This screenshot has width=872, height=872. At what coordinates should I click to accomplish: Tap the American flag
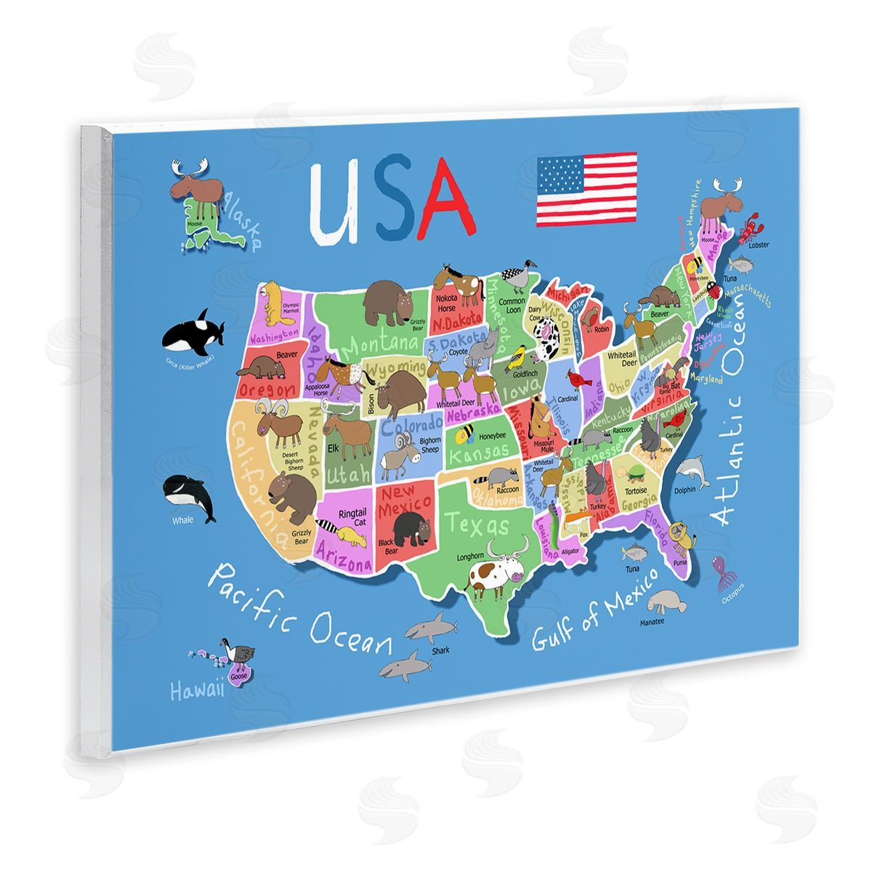586,188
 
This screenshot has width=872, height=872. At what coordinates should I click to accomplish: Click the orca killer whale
192,333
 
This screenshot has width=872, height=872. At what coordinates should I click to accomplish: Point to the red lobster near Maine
748,227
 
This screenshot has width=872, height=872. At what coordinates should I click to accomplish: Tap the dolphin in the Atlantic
692,470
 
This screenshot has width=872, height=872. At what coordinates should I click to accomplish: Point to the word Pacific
251,596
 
